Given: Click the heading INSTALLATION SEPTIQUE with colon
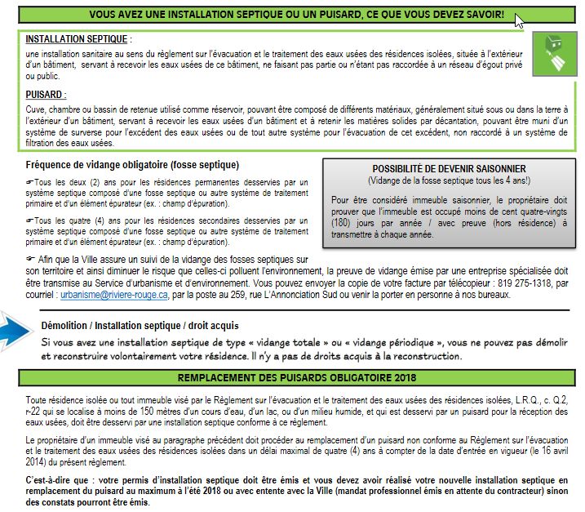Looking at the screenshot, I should point(77,39).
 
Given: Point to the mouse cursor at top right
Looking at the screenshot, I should point(519,20).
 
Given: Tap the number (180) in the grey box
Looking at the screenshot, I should point(343,222).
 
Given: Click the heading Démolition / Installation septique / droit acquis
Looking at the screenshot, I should point(141,325).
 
